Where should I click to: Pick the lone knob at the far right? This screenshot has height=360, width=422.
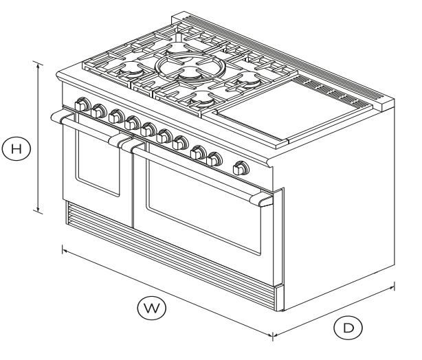[x=241, y=168]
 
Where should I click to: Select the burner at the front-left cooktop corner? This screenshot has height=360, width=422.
[x=131, y=71]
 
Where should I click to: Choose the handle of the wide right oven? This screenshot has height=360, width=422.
[x=199, y=172]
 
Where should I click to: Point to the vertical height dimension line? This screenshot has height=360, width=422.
[x=38, y=137]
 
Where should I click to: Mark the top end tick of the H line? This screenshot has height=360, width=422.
[x=38, y=63]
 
